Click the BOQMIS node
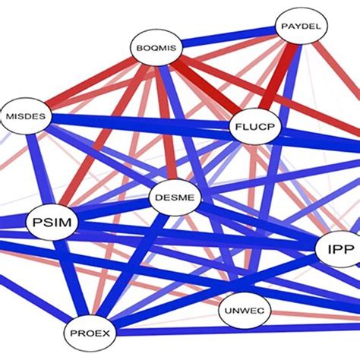(x=156, y=49)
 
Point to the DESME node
(x=176, y=199)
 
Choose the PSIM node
(x=52, y=223)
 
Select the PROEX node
(x=90, y=332)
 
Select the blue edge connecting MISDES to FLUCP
(x=137, y=122)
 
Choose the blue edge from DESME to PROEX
(x=135, y=262)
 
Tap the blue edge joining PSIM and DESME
(x=114, y=210)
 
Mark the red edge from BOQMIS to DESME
(x=166, y=125)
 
